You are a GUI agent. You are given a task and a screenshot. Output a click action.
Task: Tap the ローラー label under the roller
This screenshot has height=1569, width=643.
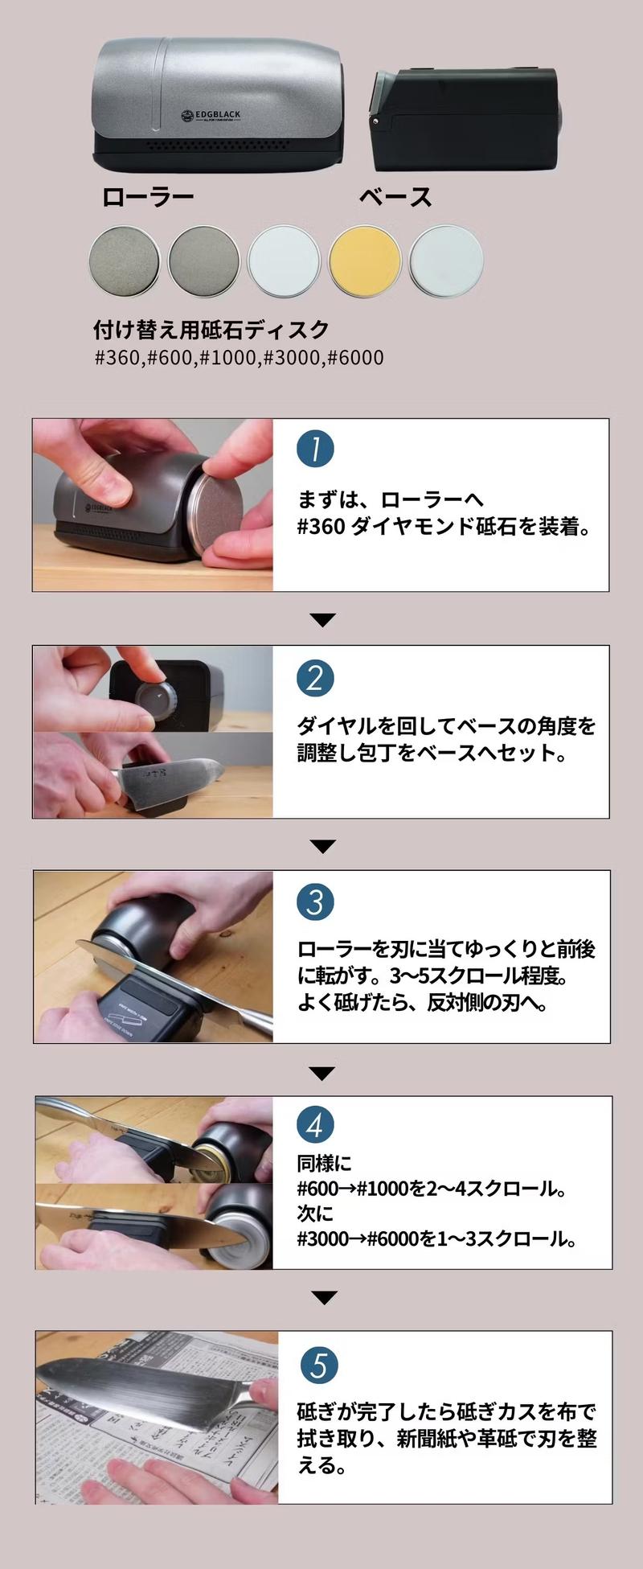pos(148,197)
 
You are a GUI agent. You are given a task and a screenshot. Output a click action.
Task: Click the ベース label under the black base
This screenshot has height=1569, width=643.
pos(395,197)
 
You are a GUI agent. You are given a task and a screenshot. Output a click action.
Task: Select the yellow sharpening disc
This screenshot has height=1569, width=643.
pos(365,261)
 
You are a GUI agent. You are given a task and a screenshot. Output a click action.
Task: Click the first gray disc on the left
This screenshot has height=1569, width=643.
pos(124,261)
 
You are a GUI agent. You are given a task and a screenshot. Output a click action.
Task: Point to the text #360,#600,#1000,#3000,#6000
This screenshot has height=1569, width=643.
pos(240,357)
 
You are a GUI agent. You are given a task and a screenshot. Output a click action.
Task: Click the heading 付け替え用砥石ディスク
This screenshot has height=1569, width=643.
pos(211,330)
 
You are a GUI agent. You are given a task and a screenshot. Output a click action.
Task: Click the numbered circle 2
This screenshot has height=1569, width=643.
pos(315,679)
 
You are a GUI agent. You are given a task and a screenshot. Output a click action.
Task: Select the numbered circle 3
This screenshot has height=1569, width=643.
pos(315,902)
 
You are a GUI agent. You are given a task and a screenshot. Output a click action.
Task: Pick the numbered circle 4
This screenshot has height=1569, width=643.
pos(315,1126)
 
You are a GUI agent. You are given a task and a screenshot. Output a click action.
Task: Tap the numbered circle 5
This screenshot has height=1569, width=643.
pos(319,1365)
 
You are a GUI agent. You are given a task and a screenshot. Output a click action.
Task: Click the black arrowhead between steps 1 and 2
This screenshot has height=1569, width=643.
pos(321,619)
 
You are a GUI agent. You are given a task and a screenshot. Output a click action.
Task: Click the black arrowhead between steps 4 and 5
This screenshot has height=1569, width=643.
pos(321,1297)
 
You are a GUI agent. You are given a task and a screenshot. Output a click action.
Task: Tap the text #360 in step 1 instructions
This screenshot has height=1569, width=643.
pos(321,528)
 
